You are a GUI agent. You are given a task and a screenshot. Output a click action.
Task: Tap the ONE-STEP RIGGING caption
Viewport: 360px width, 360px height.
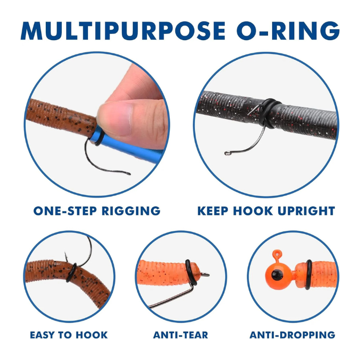point(97,211)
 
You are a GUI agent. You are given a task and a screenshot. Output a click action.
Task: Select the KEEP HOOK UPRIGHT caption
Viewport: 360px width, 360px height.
point(266,211)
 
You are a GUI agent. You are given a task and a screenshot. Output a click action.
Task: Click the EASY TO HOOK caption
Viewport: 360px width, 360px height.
point(68,335)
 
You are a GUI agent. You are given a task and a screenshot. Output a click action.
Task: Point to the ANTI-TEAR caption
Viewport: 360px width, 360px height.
point(181,335)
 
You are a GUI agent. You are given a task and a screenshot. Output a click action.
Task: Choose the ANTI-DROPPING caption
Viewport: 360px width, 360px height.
point(292,335)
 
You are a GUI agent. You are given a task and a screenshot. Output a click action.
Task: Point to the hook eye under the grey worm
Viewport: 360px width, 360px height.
point(227,153)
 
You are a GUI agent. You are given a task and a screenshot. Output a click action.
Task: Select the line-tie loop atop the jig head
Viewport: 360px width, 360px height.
point(278,254)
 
